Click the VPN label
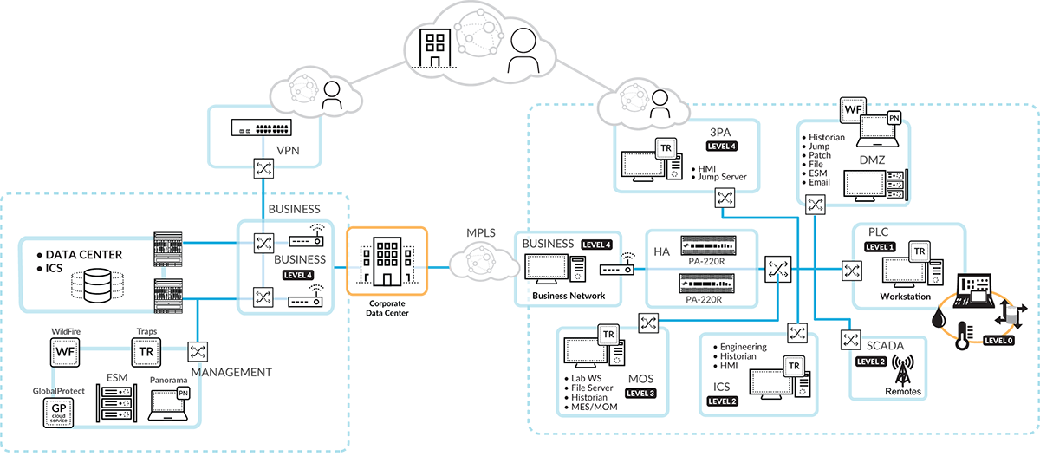[x=287, y=150]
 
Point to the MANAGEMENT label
[x=231, y=372]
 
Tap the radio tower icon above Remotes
[x=903, y=368]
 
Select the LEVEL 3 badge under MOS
[x=640, y=393]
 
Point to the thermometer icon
[x=961, y=335]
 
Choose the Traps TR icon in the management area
[x=145, y=351]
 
